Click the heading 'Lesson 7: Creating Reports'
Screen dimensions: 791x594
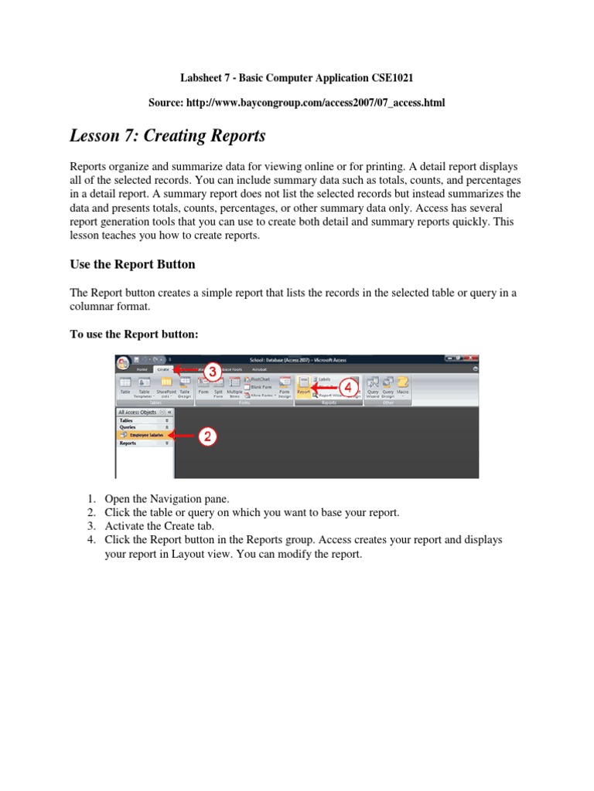pyautogui.click(x=168, y=136)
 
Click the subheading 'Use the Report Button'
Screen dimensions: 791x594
pyautogui.click(x=132, y=264)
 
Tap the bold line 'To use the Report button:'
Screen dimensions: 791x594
pyautogui.click(x=135, y=334)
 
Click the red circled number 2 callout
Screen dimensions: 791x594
pyautogui.click(x=207, y=436)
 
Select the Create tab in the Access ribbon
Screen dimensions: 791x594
pyautogui.click(x=163, y=369)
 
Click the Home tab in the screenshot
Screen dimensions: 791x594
pyautogui.click(x=142, y=369)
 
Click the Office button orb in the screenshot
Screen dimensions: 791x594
pyautogui.click(x=123, y=362)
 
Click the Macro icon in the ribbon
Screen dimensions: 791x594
pyautogui.click(x=403, y=385)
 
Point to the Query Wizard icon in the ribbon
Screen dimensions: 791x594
pyautogui.click(x=373, y=385)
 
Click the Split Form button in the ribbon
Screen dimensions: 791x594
pyautogui.click(x=218, y=385)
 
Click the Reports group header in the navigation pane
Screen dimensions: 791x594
pyautogui.click(x=128, y=443)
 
